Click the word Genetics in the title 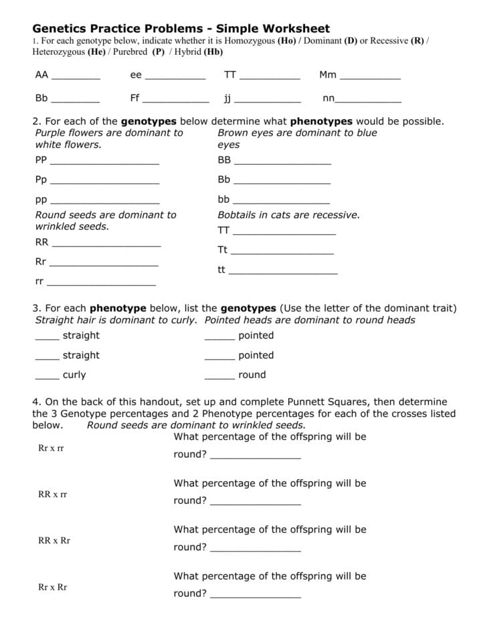tap(61, 29)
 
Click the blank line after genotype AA tap(76, 79)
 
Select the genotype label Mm tap(328, 75)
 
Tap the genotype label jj tap(227, 99)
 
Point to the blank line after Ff tap(176, 102)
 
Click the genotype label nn tap(328, 98)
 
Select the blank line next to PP tap(104, 163)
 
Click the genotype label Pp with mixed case tap(41, 180)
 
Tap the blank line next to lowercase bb tap(281, 203)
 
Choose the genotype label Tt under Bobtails tap(223, 250)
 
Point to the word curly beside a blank tap(74, 375)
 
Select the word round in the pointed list tap(252, 375)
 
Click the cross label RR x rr tap(53, 494)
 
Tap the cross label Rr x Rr tap(53, 588)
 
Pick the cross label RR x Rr tap(54, 541)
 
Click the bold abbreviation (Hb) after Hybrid tap(212, 52)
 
